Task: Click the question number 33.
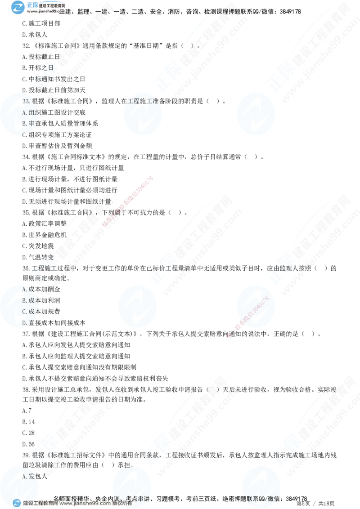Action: tap(26, 101)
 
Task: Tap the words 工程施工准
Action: tap(140, 101)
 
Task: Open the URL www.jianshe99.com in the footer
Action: tap(85, 504)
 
